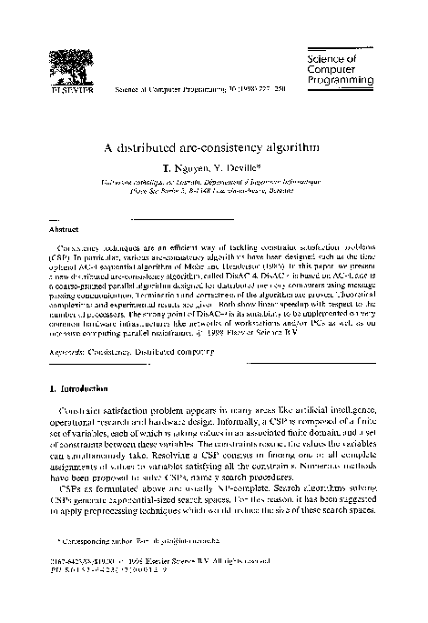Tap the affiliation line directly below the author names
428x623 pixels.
pos(214,184)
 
